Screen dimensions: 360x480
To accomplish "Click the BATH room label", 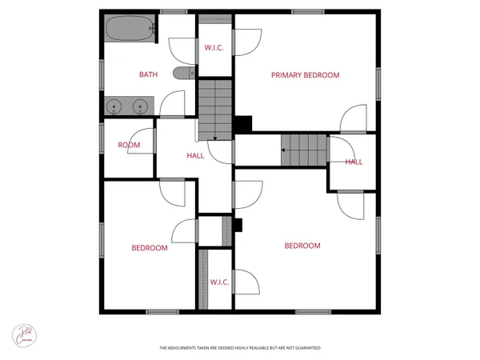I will pyautogui.click(x=148, y=75).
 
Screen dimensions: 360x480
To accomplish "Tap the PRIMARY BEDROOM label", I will pyautogui.click(x=305, y=75).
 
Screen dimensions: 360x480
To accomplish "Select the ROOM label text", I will pyautogui.click(x=129, y=145).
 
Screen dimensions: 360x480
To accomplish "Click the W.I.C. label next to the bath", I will pyautogui.click(x=214, y=48).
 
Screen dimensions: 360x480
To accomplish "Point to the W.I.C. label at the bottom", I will pyautogui.click(x=220, y=282).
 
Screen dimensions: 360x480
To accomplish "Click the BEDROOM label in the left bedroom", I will pyautogui.click(x=150, y=248).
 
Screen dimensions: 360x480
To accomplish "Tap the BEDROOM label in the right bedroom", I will pyautogui.click(x=302, y=246).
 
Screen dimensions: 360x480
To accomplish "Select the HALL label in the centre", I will pyautogui.click(x=195, y=156).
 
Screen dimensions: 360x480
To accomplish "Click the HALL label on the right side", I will pyautogui.click(x=354, y=162).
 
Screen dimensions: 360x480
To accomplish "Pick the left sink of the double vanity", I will pyautogui.click(x=117, y=105).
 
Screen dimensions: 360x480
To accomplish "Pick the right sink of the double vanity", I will pyautogui.click(x=142, y=105).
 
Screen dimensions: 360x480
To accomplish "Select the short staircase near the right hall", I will pyautogui.click(x=304, y=150).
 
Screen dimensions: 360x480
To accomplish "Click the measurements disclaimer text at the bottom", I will pyautogui.click(x=239, y=348).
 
